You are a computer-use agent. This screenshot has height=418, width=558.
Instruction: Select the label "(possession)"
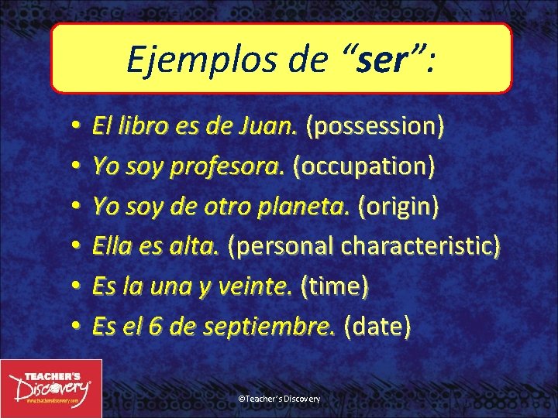(x=375, y=126)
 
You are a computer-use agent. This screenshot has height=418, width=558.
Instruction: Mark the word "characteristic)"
(x=421, y=246)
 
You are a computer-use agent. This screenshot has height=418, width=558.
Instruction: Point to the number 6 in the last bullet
(x=156, y=327)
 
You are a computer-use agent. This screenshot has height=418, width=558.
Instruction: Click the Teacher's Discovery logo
(x=51, y=388)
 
